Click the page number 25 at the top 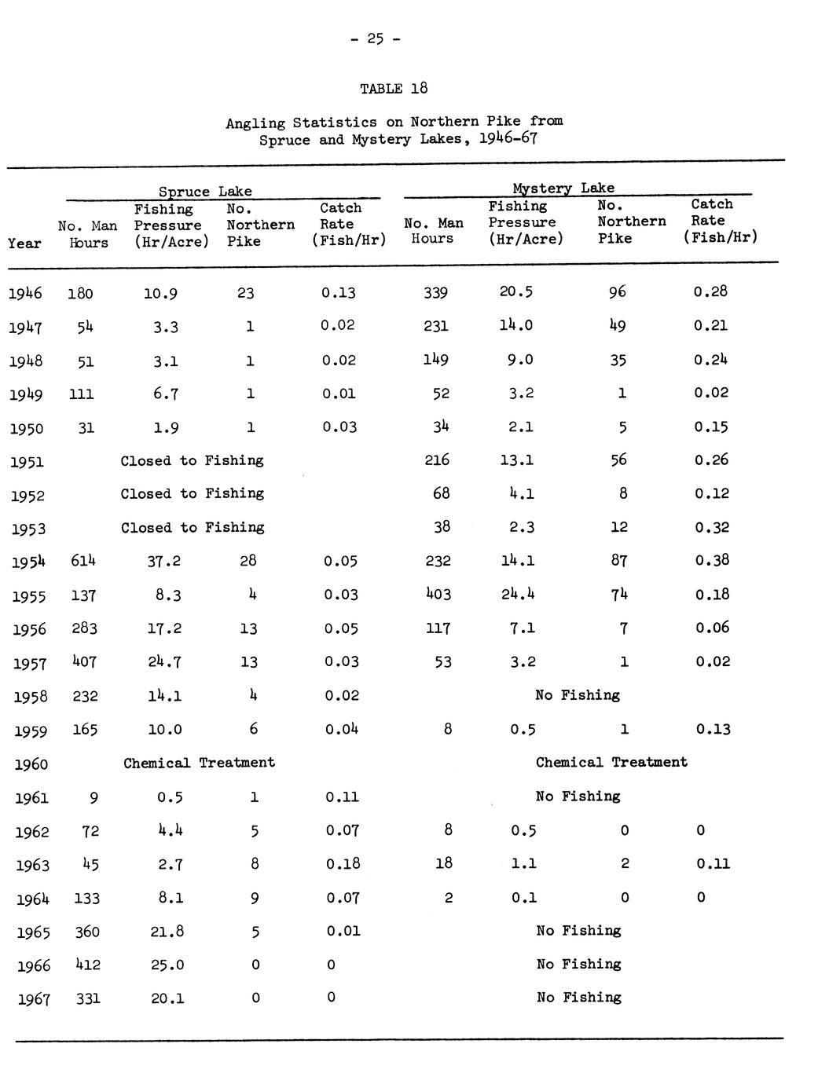coord(375,38)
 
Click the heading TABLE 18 coord(393,89)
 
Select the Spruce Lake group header coord(205,192)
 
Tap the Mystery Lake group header coord(563,188)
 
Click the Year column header coord(24,244)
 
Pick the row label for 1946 coord(25,294)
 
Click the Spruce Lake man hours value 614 coord(83,561)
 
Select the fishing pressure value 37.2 coord(164,561)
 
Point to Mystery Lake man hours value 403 coord(437,595)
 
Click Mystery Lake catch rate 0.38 coord(711,560)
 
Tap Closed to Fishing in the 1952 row coord(192,494)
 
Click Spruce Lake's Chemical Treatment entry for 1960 coord(199,763)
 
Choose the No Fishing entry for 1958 coord(578,695)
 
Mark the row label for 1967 coord(34,1000)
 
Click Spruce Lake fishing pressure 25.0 coord(167,965)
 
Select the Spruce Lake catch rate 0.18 coord(343,864)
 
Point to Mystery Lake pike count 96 coord(618,292)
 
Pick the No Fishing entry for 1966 coord(578,965)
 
